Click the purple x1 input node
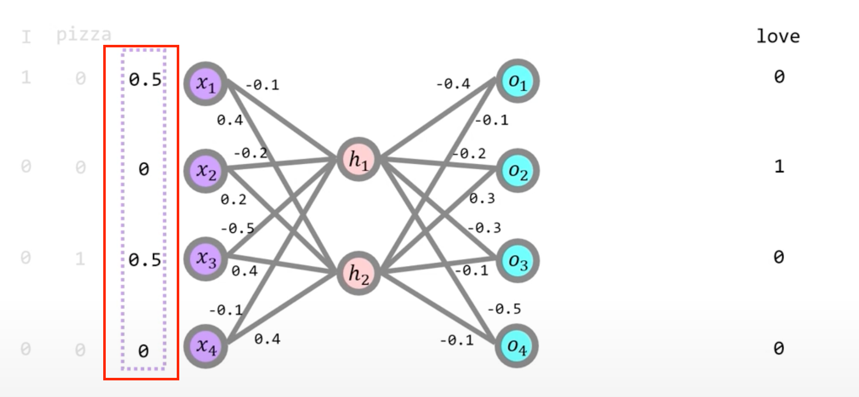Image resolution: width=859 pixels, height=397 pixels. (205, 84)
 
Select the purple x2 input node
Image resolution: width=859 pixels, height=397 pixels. (205, 171)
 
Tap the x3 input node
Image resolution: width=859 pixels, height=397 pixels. (205, 259)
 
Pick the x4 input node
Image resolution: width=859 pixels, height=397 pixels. (205, 346)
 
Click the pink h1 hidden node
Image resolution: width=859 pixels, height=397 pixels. (359, 160)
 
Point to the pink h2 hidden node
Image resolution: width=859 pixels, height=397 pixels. (359, 274)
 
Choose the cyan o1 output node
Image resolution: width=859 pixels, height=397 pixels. (517, 81)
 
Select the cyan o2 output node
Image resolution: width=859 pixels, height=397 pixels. (517, 171)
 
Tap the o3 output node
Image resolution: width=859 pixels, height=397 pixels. (517, 261)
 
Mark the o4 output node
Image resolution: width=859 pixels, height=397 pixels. (517, 346)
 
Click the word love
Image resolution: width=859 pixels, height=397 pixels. (778, 36)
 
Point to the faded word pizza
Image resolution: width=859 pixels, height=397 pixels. (84, 35)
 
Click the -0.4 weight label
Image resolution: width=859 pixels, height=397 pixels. (453, 84)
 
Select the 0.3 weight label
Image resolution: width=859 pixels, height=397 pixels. (482, 198)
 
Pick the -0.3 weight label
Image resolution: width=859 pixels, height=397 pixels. (484, 228)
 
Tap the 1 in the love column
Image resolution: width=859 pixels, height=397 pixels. (779, 166)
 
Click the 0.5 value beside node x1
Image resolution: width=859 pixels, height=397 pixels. (145, 80)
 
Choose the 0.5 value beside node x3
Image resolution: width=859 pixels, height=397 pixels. (145, 260)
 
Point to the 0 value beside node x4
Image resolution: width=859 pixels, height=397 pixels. (144, 351)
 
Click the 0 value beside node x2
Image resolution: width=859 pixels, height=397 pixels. (144, 169)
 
